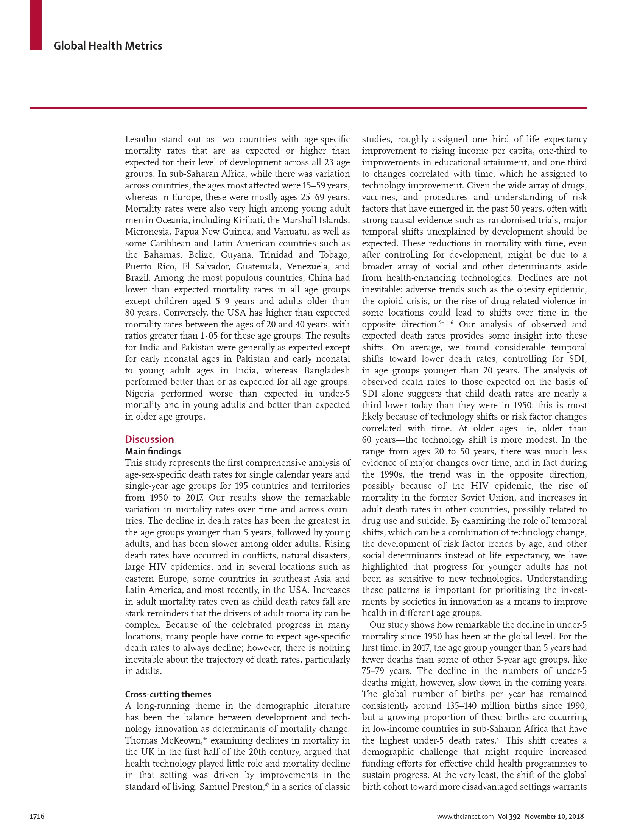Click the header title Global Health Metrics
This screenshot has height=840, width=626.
(108, 46)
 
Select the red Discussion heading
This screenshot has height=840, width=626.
(149, 439)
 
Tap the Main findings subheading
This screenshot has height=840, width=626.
(153, 451)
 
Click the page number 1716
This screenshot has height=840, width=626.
(37, 817)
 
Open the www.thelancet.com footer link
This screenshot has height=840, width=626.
(465, 817)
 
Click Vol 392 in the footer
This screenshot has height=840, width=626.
(509, 817)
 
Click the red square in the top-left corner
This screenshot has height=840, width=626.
(36, 25)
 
